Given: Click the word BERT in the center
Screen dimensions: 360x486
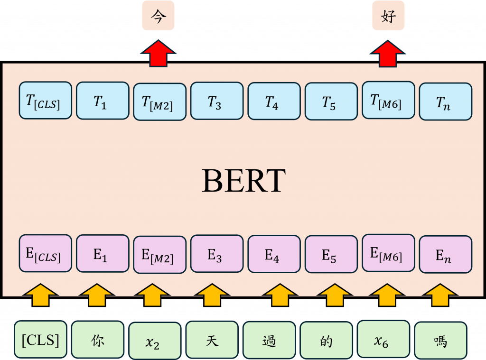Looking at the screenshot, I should click(x=243, y=181).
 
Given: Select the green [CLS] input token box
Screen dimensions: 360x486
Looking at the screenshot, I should click(x=40, y=340).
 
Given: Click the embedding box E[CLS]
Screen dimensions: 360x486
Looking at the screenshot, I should click(x=45, y=254).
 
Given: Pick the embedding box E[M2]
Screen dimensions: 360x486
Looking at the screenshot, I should click(x=159, y=255).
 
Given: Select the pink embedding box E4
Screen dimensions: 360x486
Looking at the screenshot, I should click(x=274, y=254).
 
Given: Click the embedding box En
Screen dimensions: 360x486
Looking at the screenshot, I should click(x=446, y=255).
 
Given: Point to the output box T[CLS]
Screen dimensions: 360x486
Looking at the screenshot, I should click(x=45, y=100).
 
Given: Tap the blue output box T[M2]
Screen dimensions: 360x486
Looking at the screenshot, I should click(x=159, y=102).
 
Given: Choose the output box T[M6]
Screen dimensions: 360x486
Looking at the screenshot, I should click(x=388, y=100).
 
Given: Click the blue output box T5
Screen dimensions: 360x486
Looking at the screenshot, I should click(x=331, y=101).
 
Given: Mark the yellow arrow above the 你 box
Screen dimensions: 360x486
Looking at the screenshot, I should click(x=97, y=295).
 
